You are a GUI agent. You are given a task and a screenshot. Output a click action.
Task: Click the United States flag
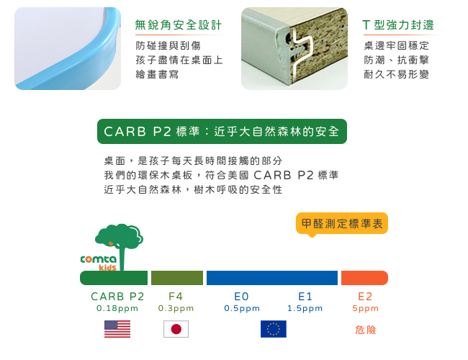pos(117,329)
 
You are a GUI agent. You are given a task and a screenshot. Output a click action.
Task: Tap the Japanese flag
pos(176,329)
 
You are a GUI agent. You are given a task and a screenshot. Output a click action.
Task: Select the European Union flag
pos(274,329)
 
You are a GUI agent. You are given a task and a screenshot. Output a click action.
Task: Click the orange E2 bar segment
pos(364,278)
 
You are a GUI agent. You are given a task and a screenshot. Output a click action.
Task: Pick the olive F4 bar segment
pos(177,278)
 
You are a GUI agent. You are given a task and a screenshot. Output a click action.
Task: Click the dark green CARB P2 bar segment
pos(114,278)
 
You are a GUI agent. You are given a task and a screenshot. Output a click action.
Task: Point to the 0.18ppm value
pos(117,308)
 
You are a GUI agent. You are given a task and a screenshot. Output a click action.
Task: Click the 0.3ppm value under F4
pos(176,308)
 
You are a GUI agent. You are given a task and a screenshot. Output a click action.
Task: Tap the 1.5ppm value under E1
pos(305,308)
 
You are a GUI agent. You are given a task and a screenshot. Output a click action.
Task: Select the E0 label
pos(241,297)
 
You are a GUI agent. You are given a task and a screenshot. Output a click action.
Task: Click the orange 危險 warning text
pos(365,330)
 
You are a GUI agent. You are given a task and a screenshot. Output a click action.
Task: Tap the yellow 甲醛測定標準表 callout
pos(342,224)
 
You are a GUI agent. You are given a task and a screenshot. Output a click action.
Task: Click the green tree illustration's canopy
pos(119,236)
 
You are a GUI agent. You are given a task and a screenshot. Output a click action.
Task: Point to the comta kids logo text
pos(99,263)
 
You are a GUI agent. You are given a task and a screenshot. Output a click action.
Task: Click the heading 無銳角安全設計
pos(178,25)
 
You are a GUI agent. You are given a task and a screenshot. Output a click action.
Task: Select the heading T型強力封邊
pos(398,25)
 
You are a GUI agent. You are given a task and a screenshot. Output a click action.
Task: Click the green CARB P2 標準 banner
pos(222,131)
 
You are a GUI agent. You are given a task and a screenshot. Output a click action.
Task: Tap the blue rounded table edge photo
pos(68,48)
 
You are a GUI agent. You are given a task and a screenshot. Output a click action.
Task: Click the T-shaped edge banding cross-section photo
pos(294,48)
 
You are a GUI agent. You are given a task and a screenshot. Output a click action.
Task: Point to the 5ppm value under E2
pos(365,308)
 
